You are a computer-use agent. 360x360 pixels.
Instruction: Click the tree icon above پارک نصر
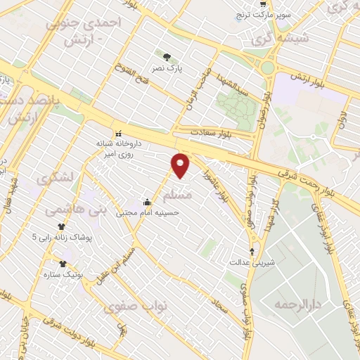pos(167,58)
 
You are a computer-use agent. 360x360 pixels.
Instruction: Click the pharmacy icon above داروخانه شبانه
pos(118,133)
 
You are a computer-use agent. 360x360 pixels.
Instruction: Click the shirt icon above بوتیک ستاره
pos(63,264)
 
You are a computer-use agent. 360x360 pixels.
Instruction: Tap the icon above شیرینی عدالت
pos(252,252)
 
